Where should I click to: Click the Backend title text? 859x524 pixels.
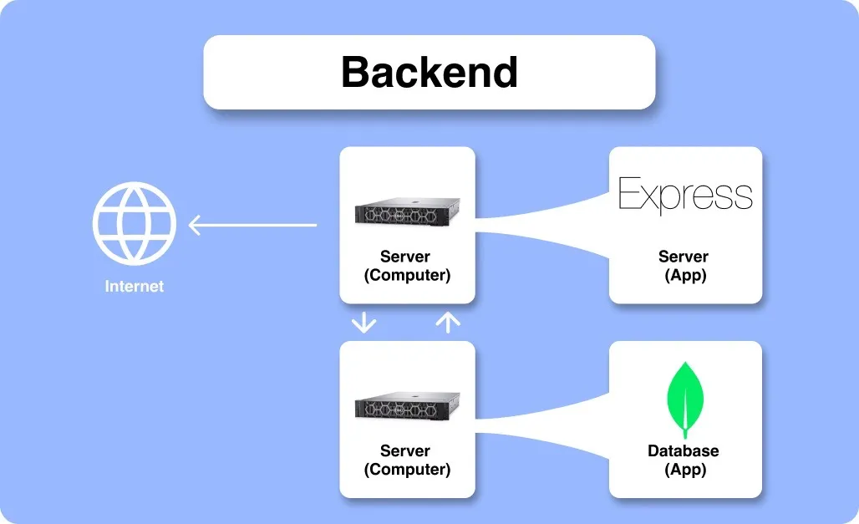429,73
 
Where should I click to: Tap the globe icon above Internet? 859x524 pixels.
135,223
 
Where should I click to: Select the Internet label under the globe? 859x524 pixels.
135,287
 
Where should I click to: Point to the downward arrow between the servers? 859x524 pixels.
363,323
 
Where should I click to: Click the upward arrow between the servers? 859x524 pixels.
449,323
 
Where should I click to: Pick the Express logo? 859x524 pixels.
685,195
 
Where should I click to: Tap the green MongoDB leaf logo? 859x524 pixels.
685,399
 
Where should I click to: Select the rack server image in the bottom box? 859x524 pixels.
407,407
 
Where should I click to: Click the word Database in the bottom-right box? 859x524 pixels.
684,451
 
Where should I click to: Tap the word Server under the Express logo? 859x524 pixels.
684,257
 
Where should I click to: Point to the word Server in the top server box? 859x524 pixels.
406,257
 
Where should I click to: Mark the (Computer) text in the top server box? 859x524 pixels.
407,275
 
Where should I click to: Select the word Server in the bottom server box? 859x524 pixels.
406,451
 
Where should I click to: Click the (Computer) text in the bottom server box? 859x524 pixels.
407,470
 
